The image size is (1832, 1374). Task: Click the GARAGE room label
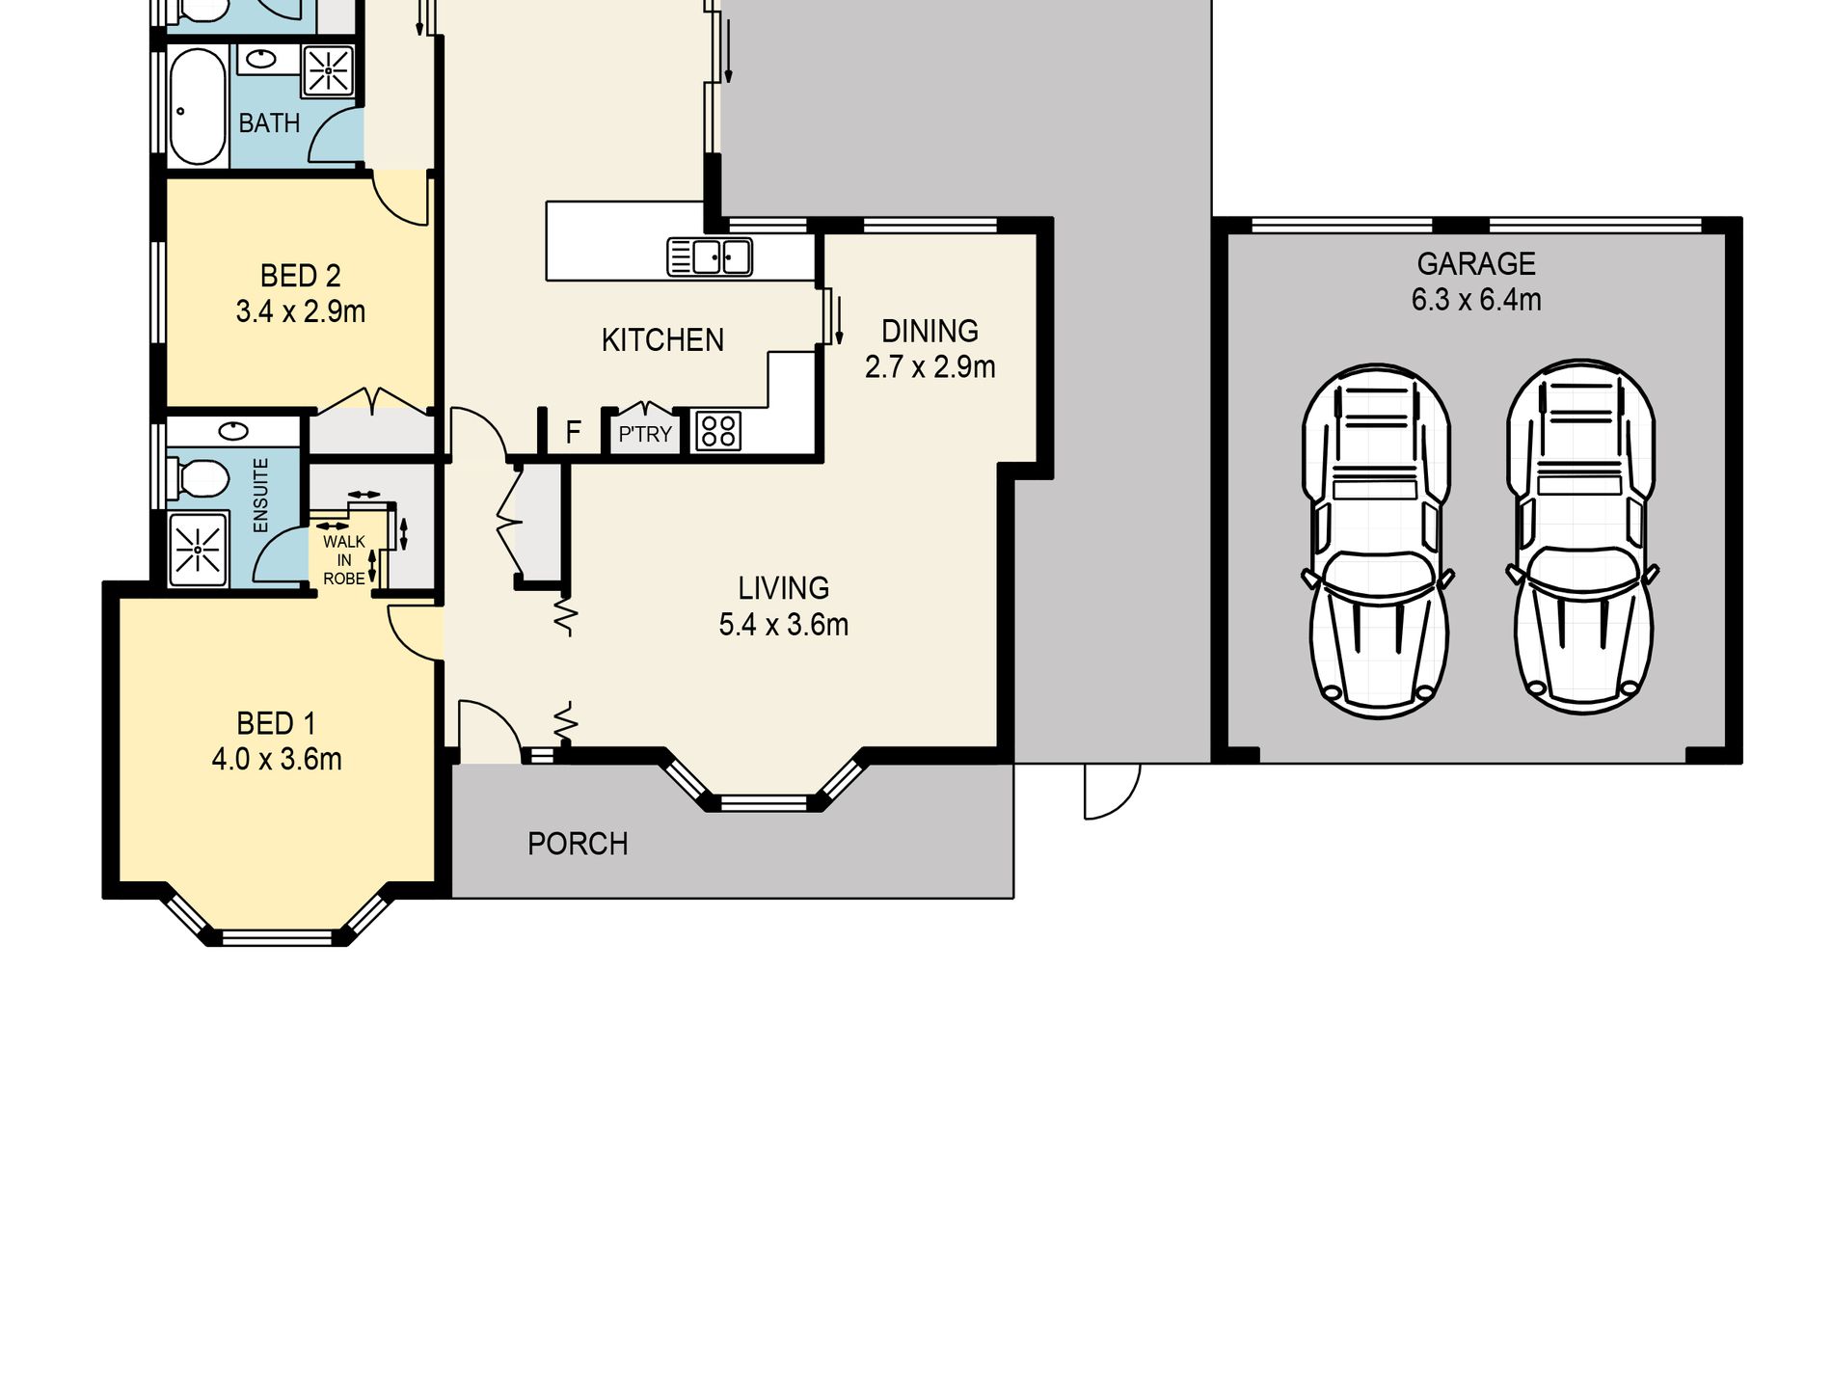click(1476, 263)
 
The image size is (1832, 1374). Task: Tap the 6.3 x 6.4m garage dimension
click(1476, 300)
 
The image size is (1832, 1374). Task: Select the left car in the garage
click(1378, 540)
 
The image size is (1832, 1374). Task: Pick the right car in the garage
click(1581, 538)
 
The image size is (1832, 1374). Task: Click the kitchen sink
click(710, 257)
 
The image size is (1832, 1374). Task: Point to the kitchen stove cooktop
click(717, 431)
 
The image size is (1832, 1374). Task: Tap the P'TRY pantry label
click(645, 435)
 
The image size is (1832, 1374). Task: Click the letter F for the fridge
click(573, 433)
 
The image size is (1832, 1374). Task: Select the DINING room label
click(929, 331)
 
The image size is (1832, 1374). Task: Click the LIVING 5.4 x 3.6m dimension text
click(784, 625)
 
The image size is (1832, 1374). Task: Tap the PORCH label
click(578, 844)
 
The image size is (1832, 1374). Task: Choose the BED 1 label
click(276, 723)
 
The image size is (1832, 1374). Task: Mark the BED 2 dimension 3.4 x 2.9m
click(301, 311)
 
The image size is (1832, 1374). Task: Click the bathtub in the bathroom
click(198, 106)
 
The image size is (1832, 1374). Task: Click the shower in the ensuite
click(198, 550)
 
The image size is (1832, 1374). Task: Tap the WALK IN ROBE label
click(344, 560)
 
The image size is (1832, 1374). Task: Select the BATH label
click(269, 123)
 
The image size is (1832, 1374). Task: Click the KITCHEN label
click(662, 339)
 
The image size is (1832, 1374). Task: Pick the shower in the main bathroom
click(330, 70)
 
